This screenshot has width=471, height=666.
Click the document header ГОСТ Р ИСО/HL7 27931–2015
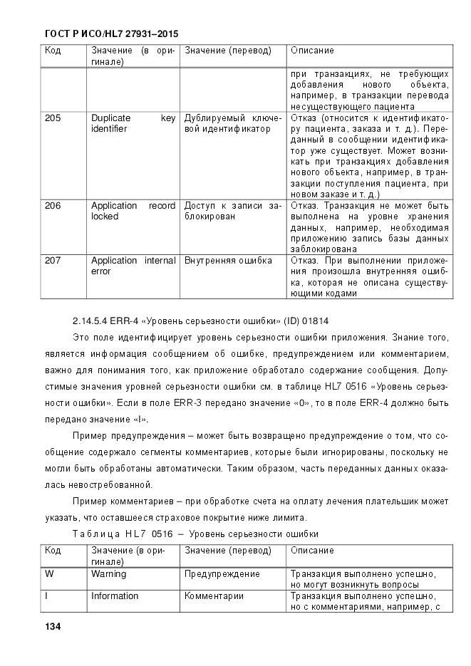coord(111,33)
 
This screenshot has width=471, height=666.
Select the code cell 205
coord(53,118)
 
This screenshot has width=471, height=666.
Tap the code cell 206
coord(53,206)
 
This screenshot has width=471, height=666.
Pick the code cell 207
coord(53,261)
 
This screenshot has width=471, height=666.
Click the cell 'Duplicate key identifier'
coord(133,123)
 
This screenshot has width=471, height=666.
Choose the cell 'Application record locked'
coord(133,211)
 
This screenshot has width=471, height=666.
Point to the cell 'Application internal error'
coord(133,266)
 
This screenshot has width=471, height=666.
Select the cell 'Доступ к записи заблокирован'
coord(232,211)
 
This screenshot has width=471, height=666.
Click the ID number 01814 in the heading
coord(316,321)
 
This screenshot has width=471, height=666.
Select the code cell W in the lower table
coord(49,573)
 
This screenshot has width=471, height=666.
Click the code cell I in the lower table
coord(47,596)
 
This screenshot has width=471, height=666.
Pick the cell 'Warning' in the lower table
coord(108,573)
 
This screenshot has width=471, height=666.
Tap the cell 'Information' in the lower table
coord(114,596)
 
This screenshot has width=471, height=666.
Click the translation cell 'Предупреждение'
coord(222,573)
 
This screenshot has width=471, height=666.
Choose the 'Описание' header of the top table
coord(312,51)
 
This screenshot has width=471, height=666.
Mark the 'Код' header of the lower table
coord(53,551)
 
